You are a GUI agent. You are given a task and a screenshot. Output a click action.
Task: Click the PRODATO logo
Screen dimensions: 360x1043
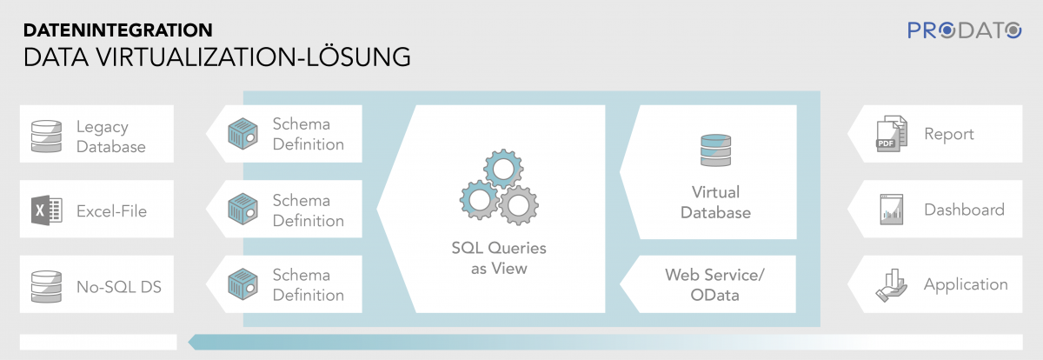(x=965, y=30)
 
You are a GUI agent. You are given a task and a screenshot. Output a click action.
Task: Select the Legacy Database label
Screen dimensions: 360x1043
(x=111, y=136)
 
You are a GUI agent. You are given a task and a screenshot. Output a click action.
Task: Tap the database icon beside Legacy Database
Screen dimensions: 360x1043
(x=46, y=136)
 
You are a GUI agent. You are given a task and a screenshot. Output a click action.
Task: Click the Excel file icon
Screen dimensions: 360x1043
(x=46, y=210)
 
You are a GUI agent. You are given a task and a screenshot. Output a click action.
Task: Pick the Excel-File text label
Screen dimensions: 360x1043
(x=111, y=210)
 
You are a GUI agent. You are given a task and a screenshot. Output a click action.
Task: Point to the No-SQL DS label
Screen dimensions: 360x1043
(x=118, y=285)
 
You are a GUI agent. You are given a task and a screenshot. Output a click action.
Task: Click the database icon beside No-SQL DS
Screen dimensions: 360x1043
(x=46, y=285)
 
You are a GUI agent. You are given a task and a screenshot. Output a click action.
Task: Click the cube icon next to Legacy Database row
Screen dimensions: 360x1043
(x=243, y=134)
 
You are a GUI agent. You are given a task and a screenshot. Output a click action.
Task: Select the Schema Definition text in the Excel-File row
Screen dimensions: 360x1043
(x=308, y=210)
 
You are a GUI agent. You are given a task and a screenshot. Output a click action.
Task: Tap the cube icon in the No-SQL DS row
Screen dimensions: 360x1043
(x=243, y=285)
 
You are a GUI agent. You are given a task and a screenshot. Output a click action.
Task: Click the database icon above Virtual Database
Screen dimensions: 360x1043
(x=715, y=150)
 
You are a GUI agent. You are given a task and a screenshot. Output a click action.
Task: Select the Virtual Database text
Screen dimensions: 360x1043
(x=715, y=202)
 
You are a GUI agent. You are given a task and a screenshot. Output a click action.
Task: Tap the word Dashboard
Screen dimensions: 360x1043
(x=964, y=210)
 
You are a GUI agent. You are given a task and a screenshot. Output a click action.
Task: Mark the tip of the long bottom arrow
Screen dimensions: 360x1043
(x=189, y=342)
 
